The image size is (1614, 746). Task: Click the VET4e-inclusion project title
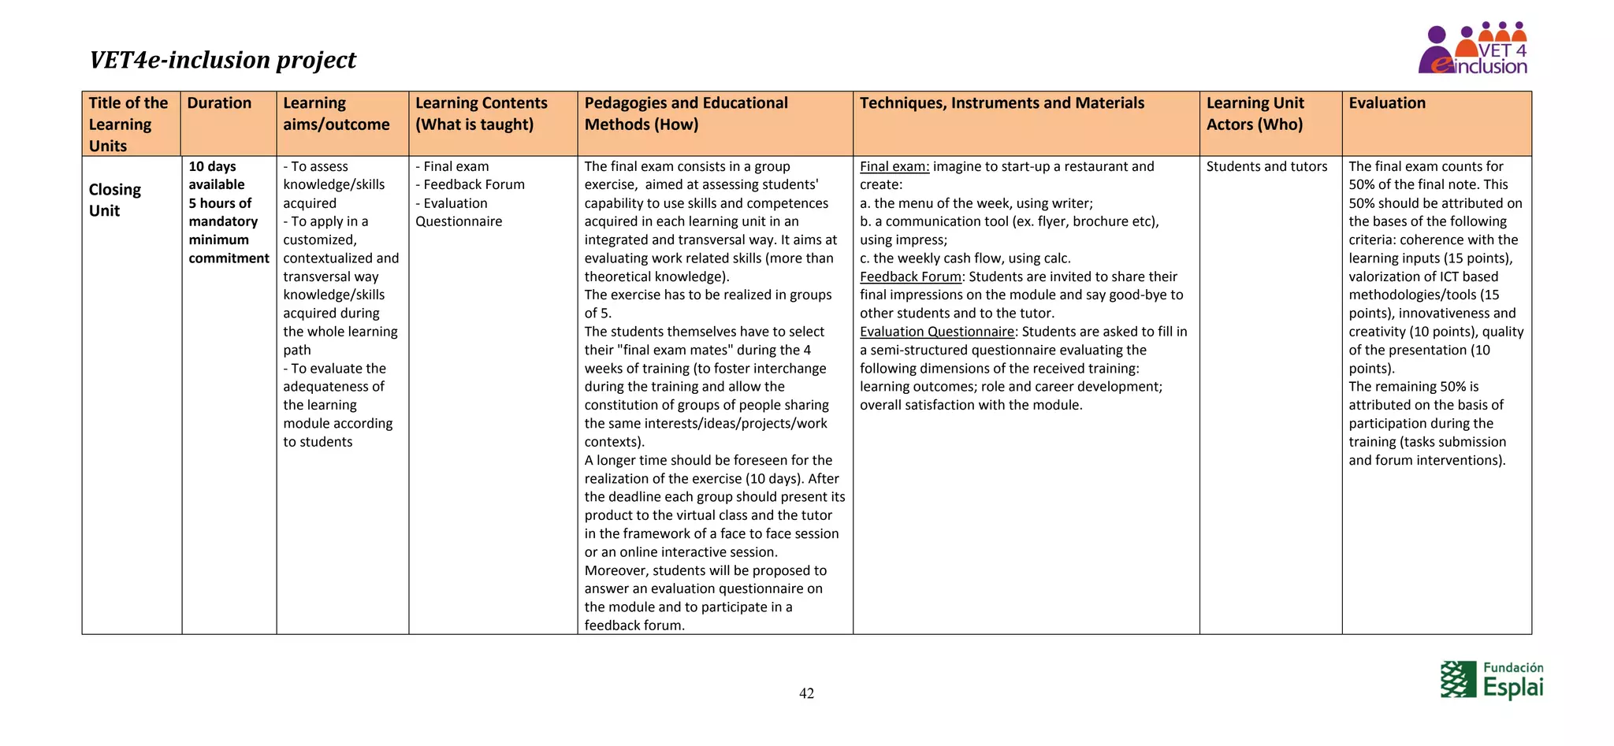(x=222, y=60)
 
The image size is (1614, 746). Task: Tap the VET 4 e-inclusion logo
(x=1472, y=49)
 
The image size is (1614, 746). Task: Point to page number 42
(x=806, y=693)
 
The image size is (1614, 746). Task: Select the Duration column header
(x=219, y=103)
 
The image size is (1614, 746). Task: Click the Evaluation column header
(x=1386, y=103)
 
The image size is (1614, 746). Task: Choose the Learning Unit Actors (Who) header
(x=1255, y=113)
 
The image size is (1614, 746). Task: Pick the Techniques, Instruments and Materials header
(x=1002, y=103)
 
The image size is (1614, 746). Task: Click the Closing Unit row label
(x=115, y=200)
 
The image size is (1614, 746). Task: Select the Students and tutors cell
(x=1266, y=167)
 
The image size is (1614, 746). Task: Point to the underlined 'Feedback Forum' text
(x=910, y=277)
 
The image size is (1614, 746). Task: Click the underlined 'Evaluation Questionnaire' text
(x=937, y=332)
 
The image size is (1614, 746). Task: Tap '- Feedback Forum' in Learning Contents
(x=470, y=185)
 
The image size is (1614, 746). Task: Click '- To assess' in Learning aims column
(x=316, y=167)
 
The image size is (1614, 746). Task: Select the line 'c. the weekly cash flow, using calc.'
(x=965, y=258)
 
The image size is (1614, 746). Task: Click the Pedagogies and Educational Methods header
(x=686, y=113)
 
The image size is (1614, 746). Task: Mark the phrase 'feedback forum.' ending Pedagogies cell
(x=634, y=625)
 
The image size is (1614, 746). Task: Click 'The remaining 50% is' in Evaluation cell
(x=1413, y=387)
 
